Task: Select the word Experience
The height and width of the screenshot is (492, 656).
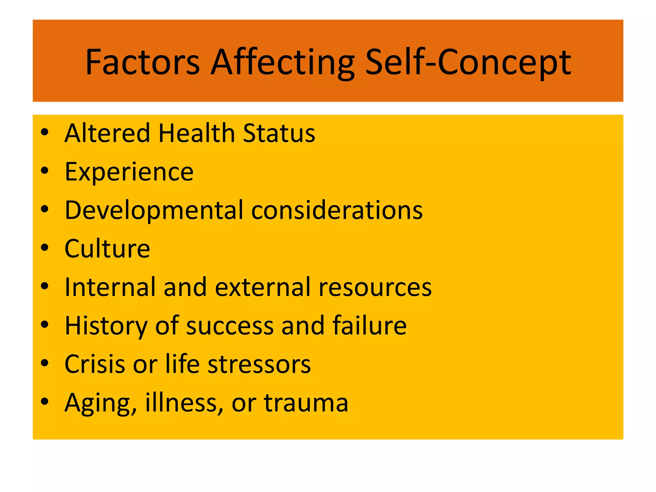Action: (x=129, y=172)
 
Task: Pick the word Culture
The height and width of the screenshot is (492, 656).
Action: (x=107, y=249)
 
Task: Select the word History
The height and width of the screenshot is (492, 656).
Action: (x=106, y=326)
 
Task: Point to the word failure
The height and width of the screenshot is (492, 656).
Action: (x=370, y=326)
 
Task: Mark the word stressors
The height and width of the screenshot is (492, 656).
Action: (x=259, y=364)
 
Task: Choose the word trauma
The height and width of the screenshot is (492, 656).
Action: (x=306, y=403)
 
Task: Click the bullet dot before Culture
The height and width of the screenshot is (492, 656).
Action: (x=45, y=248)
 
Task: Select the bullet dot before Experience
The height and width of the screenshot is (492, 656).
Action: (x=45, y=170)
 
